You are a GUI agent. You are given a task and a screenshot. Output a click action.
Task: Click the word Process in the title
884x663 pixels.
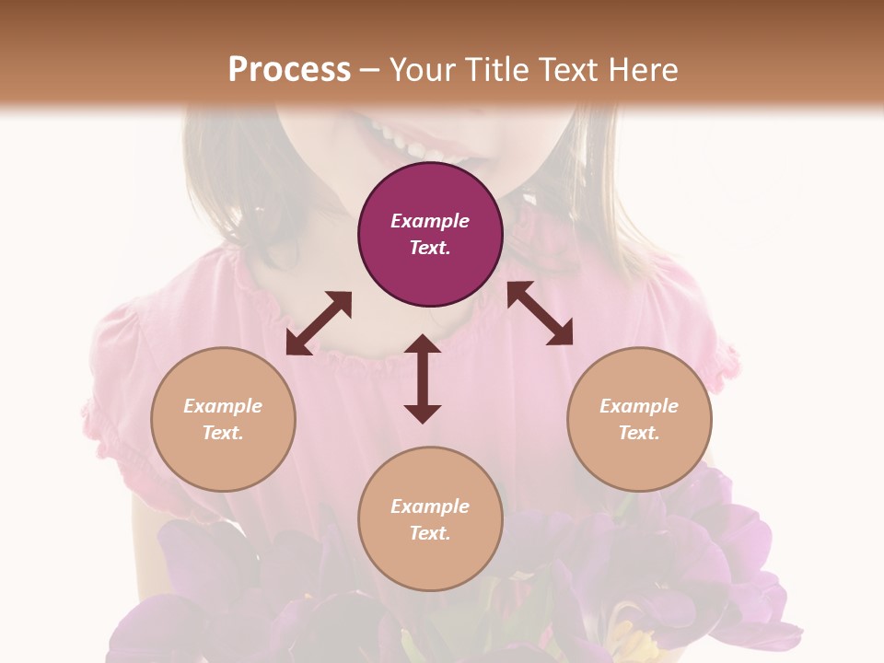[x=289, y=70]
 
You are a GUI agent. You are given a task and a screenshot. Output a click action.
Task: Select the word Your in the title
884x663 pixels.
[x=418, y=70]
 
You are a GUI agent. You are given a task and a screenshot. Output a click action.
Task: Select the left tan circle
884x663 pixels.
[x=223, y=460]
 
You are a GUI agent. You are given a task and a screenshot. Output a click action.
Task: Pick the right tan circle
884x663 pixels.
[x=639, y=460]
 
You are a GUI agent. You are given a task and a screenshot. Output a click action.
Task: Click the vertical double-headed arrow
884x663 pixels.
[x=423, y=378]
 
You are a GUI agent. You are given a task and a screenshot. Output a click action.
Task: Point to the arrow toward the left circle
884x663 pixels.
[x=319, y=323]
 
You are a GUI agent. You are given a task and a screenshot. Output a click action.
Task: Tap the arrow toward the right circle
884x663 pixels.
[x=541, y=313]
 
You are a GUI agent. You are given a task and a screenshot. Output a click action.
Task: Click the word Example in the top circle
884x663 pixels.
[x=430, y=221]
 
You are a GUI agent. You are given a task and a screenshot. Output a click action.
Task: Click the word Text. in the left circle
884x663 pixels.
[x=223, y=433]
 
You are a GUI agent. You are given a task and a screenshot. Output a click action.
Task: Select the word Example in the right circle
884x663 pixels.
[x=639, y=406]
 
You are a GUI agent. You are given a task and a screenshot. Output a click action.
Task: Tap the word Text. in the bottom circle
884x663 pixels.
[x=430, y=533]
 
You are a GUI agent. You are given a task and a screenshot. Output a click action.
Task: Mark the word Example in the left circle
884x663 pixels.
[x=223, y=406]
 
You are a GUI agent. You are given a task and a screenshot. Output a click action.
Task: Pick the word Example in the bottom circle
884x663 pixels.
[x=430, y=506]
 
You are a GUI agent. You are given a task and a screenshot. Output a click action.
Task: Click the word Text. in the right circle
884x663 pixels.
[x=639, y=433]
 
